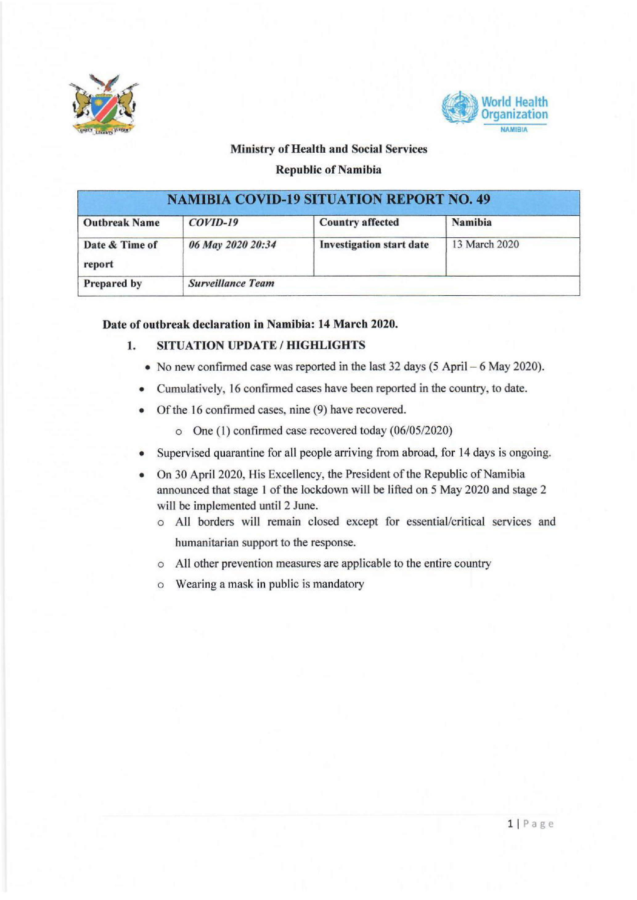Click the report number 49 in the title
[483, 200]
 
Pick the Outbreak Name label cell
[122, 223]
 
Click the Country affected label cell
[359, 222]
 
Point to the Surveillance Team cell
[231, 283]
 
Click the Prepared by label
[112, 283]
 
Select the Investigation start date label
[374, 244]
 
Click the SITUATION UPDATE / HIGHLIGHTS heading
[261, 345]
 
